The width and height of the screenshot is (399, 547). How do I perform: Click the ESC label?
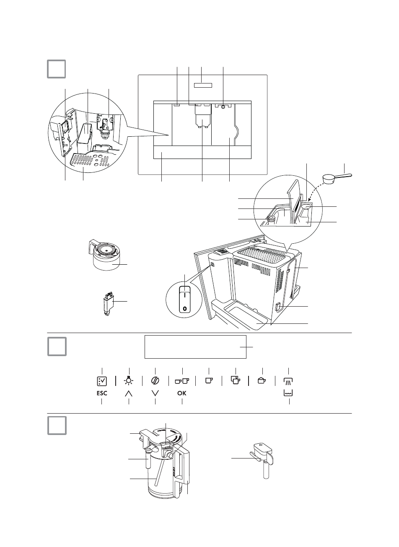(x=102, y=393)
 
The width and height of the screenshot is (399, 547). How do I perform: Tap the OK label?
(x=182, y=393)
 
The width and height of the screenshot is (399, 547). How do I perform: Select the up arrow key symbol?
(x=129, y=393)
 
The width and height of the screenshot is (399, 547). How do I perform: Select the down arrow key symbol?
(x=155, y=393)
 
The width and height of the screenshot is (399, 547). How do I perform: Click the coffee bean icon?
(x=155, y=380)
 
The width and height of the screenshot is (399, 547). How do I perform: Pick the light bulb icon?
(x=129, y=380)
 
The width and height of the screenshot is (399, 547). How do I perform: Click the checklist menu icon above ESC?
(x=102, y=380)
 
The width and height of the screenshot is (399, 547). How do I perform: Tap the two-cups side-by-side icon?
(x=182, y=380)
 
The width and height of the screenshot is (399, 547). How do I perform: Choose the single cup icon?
(x=209, y=380)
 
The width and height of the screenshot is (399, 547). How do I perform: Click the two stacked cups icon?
(x=236, y=380)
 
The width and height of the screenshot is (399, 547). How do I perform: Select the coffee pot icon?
(x=262, y=380)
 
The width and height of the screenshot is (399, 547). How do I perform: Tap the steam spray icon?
(x=289, y=380)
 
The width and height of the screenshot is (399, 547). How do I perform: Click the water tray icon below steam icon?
(x=289, y=393)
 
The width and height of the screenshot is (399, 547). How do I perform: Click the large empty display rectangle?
(x=195, y=346)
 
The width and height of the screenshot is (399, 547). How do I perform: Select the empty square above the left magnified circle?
(x=56, y=69)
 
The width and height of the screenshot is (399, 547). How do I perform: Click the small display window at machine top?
(x=203, y=85)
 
